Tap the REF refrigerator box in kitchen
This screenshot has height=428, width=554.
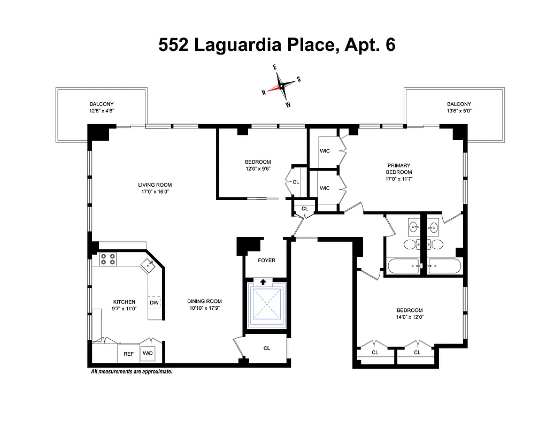click(128, 354)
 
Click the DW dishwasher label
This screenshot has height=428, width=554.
click(154, 303)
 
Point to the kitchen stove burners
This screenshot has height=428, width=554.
click(107, 259)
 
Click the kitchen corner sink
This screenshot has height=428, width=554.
click(147, 264)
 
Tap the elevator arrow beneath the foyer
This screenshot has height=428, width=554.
click(263, 282)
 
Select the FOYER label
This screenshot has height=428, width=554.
click(266, 261)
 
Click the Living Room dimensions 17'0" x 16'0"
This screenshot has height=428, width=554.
click(155, 192)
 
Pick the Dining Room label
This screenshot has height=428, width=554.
click(204, 301)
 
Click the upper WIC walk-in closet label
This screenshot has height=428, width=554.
click(325, 151)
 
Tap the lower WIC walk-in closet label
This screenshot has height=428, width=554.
click(325, 188)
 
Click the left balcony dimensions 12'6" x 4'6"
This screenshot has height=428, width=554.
click(101, 111)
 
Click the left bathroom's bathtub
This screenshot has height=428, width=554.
click(403, 265)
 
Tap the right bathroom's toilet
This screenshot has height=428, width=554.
click(436, 244)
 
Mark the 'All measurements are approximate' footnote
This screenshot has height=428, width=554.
click(132, 371)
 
